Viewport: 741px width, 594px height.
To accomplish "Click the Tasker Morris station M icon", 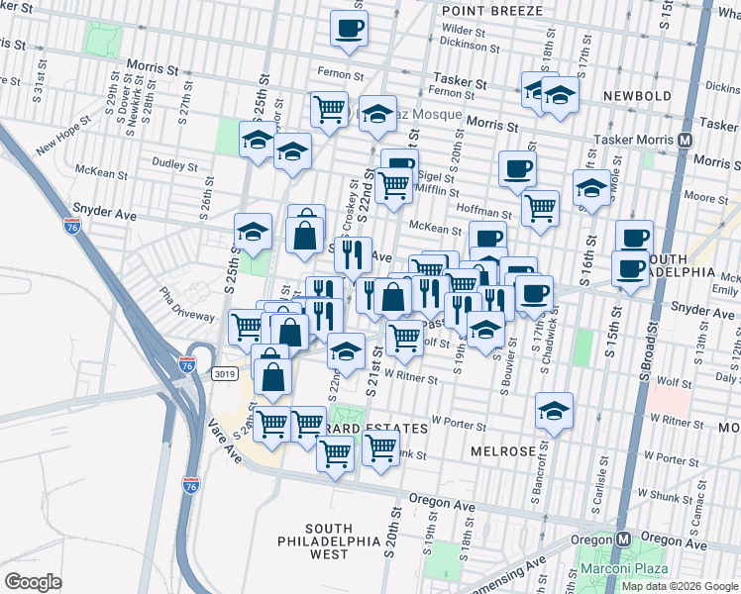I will [x=685, y=141].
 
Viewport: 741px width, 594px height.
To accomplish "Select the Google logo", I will [x=33, y=581].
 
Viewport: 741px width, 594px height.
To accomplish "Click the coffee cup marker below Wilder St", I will [x=348, y=29].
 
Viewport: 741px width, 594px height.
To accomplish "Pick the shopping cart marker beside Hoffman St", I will [x=540, y=207].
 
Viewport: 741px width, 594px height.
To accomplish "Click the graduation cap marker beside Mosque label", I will [x=377, y=114].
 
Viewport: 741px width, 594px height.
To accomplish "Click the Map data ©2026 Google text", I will [x=680, y=585].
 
